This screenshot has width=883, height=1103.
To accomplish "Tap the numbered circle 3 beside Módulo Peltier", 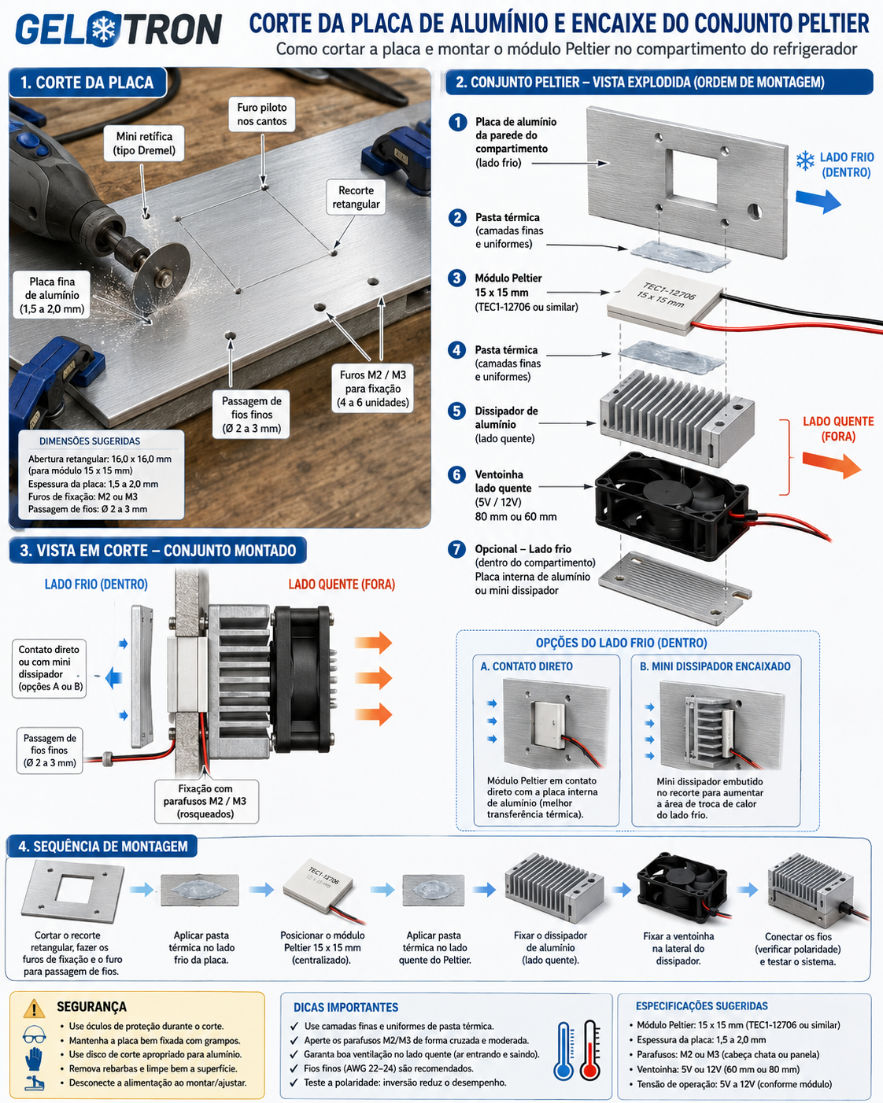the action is tap(456, 279).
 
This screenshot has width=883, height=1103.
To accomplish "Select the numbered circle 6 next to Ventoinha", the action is tap(456, 474).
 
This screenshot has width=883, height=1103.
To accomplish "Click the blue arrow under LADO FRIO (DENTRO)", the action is tap(818, 201).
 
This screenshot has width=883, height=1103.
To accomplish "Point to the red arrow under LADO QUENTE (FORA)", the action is tap(832, 465).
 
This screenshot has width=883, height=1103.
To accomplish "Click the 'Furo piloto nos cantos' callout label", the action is tap(262, 114).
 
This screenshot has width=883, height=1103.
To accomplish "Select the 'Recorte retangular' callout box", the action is tap(356, 197).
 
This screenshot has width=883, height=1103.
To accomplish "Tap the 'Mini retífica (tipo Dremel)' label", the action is tap(144, 143).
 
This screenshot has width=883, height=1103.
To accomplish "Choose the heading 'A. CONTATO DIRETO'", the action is tap(526, 666).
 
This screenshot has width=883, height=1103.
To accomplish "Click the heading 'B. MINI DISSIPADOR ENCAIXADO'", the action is tap(715, 666).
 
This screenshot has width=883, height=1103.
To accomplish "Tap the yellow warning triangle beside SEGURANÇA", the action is tap(34, 1008).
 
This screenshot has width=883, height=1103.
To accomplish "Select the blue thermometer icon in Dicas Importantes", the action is tap(563, 1051).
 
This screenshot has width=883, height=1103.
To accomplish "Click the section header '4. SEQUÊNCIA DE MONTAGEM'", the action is tap(102, 847).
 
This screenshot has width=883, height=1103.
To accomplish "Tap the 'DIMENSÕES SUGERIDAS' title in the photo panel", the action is tap(90, 441).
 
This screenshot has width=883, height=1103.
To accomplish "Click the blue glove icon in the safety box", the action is tap(34, 1059).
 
